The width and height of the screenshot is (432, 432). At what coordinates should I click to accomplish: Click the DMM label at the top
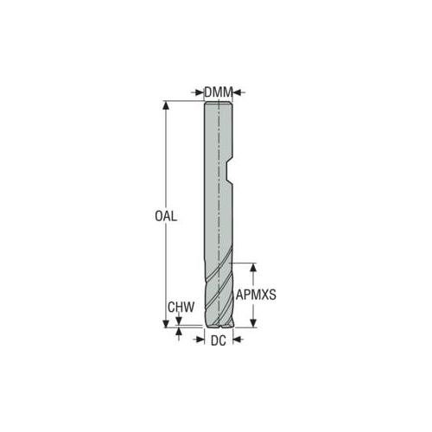[219, 92]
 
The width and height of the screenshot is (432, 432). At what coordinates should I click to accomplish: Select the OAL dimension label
[166, 216]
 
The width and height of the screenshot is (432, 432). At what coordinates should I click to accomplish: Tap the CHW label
[181, 307]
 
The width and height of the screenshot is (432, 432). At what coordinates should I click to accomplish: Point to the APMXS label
[256, 295]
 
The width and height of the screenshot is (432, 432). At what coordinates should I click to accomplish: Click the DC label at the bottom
[219, 340]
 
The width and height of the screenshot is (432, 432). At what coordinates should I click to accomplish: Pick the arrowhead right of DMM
[237, 92]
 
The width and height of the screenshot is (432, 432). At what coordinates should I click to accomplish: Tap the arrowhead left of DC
[200, 340]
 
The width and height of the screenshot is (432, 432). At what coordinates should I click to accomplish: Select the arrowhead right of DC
[237, 340]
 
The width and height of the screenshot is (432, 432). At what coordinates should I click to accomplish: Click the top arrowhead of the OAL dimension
[166, 105]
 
